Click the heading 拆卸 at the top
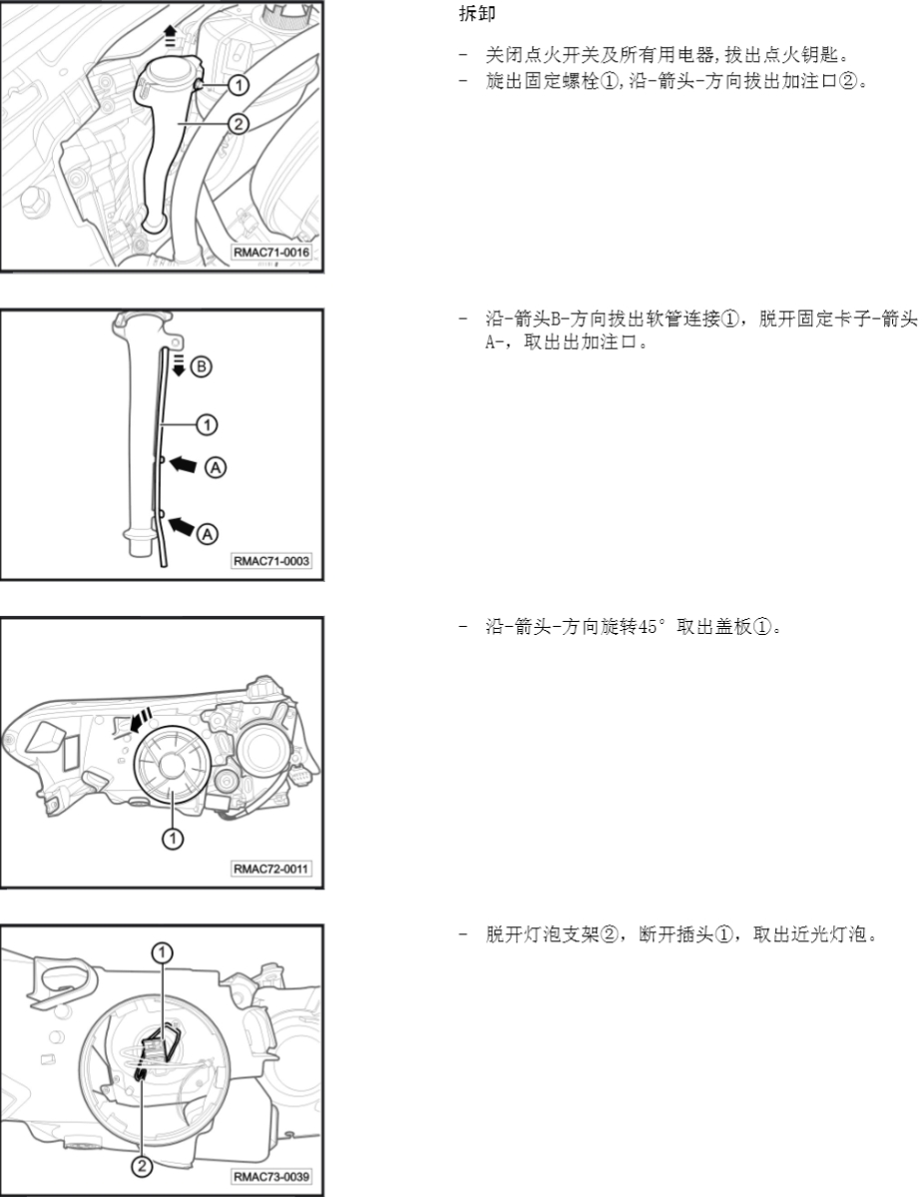pyautogui.click(x=477, y=14)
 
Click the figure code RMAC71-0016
pyautogui.click(x=271, y=252)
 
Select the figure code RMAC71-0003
pyautogui.click(x=271, y=560)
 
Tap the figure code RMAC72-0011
pyautogui.click(x=271, y=869)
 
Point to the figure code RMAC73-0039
pyautogui.click(x=271, y=1176)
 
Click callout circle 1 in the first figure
pyautogui.click(x=238, y=84)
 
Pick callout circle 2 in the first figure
pyautogui.click(x=238, y=123)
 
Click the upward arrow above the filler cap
pyautogui.click(x=171, y=35)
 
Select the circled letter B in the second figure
pyautogui.click(x=201, y=366)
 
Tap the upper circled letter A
pyautogui.click(x=216, y=466)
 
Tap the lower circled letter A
pyautogui.click(x=208, y=534)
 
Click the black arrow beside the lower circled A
pyautogui.click(x=182, y=525)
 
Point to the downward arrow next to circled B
pyautogui.click(x=179, y=364)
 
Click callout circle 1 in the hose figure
pyautogui.click(x=207, y=424)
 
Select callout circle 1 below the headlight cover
pyautogui.click(x=174, y=839)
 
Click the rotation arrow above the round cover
pyautogui.click(x=141, y=720)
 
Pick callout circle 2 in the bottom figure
pyautogui.click(x=142, y=1166)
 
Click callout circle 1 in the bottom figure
pyautogui.click(x=162, y=952)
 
